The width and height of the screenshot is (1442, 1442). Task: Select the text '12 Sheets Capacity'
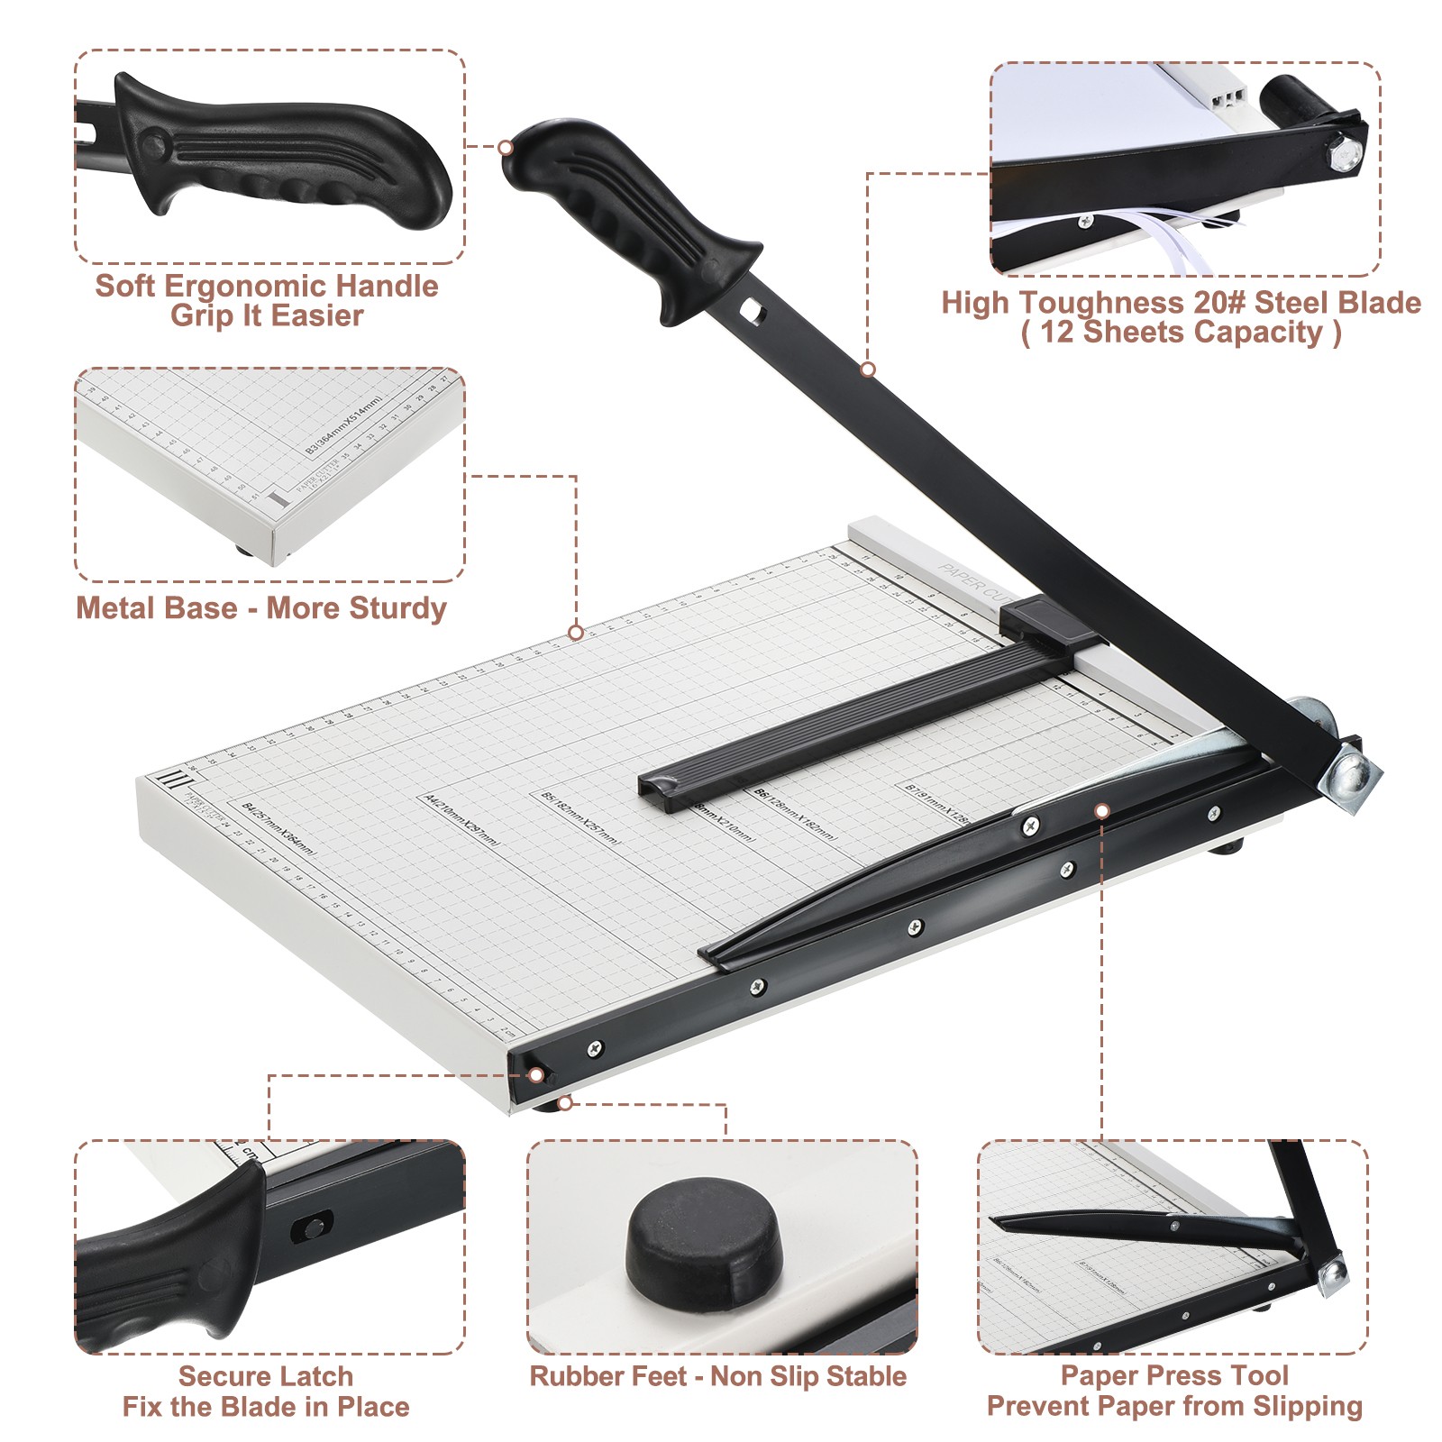[1181, 333]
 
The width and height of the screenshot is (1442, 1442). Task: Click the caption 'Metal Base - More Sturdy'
[260, 608]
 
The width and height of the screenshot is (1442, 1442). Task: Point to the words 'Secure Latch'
[265, 1376]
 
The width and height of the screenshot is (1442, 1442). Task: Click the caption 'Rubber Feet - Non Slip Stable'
[717, 1376]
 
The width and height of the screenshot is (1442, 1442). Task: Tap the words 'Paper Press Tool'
[1173, 1375]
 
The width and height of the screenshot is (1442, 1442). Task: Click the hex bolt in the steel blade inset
[1344, 152]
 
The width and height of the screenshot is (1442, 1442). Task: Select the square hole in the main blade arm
[750, 312]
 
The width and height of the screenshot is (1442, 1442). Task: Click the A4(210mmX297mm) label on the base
[461, 819]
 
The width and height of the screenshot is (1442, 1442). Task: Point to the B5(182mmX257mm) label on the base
[580, 818]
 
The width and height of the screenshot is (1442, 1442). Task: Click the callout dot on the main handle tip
[506, 147]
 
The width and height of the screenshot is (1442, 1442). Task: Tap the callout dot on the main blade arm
[868, 370]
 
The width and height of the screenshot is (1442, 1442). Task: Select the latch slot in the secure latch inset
[313, 1227]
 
